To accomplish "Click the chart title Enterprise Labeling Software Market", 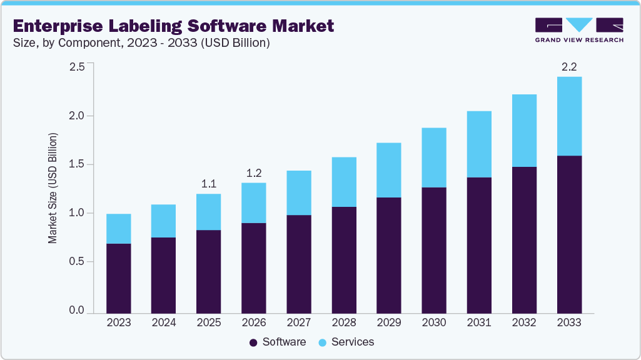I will (x=173, y=26).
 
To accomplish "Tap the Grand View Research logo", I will (x=579, y=30).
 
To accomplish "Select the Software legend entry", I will (x=278, y=342).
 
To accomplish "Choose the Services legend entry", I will (x=346, y=342).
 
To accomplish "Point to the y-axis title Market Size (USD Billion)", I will (x=53, y=188).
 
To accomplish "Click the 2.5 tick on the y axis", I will (x=76, y=67).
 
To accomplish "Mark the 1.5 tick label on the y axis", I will (x=76, y=164).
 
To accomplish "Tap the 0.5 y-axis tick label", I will (x=76, y=262).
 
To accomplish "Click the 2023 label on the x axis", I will (x=118, y=322).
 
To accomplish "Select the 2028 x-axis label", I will (x=343, y=322).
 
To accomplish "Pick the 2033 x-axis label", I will (x=568, y=322).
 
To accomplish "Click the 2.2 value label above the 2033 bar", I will (x=568, y=67).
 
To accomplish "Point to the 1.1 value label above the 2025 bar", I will (x=208, y=184).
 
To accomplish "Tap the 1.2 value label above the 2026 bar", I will (x=253, y=173).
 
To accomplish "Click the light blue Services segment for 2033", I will (x=568, y=116).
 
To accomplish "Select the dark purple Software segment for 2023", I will (x=118, y=278).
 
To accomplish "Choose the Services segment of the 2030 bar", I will (x=433, y=157).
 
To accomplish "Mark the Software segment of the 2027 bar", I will (x=298, y=264).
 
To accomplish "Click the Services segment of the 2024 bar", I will (x=163, y=221).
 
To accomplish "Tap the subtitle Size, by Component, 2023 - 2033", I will (x=141, y=43).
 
